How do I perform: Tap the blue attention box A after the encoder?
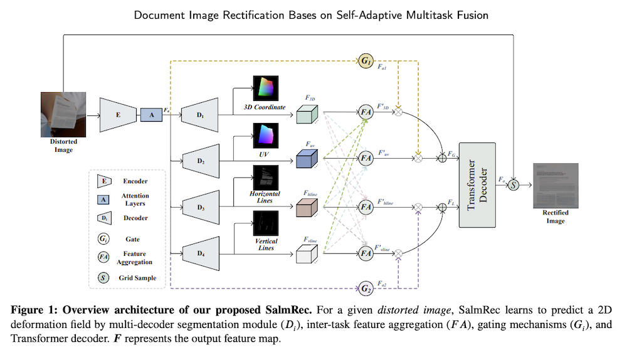(x=150, y=115)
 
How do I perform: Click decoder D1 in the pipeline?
(x=201, y=115)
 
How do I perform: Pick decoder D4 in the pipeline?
(x=201, y=254)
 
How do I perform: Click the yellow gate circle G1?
(x=366, y=61)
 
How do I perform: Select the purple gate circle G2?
(x=366, y=289)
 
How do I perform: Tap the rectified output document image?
(x=555, y=185)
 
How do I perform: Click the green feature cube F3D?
(x=307, y=115)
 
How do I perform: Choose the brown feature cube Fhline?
(x=307, y=208)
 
